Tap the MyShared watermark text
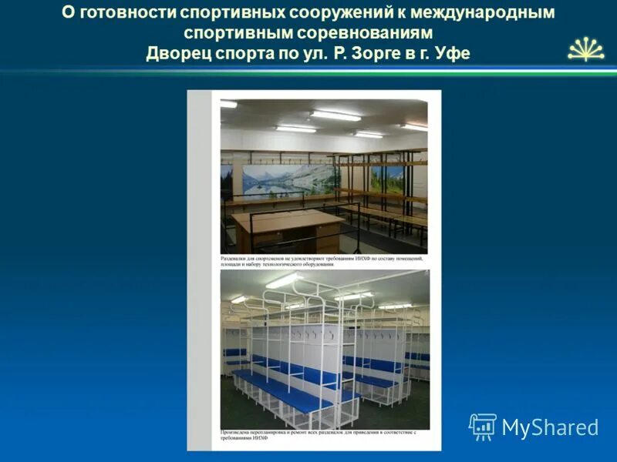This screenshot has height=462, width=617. coord(550,427)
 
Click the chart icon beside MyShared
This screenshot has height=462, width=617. coord(482,427)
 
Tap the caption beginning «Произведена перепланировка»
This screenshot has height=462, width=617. coord(318,437)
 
